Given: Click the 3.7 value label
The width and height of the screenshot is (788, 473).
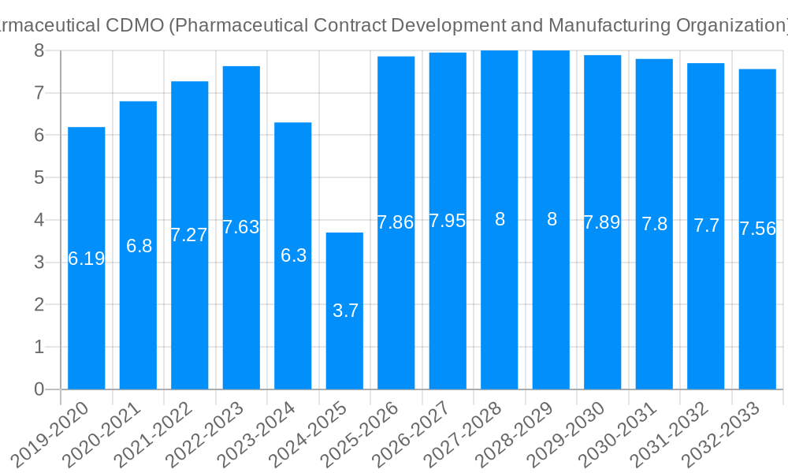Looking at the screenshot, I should pyautogui.click(x=345, y=311).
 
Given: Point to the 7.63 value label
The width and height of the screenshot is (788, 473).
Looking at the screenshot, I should pyautogui.click(x=241, y=227).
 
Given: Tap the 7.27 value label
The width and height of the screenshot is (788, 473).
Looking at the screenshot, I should pyautogui.click(x=189, y=235).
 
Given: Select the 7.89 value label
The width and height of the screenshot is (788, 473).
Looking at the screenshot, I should pyautogui.click(x=602, y=222).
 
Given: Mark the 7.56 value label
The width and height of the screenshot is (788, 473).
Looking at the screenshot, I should pyautogui.click(x=757, y=229).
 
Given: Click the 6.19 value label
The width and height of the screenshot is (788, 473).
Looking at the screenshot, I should pyautogui.click(x=87, y=259).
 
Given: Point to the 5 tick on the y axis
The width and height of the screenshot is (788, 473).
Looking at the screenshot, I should pyautogui.click(x=39, y=177).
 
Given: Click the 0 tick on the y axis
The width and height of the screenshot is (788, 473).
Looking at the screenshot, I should pyautogui.click(x=39, y=389).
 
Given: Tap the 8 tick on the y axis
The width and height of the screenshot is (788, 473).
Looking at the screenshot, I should pyautogui.click(x=39, y=50).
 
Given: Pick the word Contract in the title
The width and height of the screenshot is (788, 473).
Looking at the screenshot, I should pyautogui.click(x=350, y=25).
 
